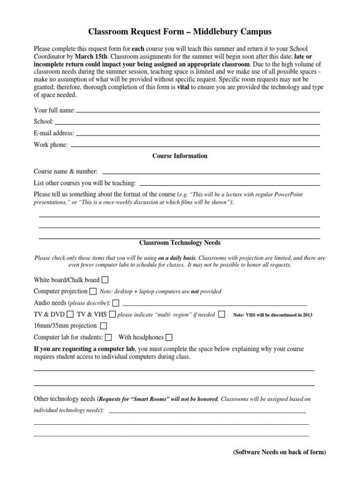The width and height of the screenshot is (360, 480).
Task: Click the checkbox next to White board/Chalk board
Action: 105,280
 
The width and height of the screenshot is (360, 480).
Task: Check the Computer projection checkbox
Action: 93,291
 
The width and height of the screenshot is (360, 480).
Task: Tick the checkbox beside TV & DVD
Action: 70,314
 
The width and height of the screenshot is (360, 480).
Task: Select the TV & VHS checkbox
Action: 112,314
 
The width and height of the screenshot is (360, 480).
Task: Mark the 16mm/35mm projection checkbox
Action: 104,325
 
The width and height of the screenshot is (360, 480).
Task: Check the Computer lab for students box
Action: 108,337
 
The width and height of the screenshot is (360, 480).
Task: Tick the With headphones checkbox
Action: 169,337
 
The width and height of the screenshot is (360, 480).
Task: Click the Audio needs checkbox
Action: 116,302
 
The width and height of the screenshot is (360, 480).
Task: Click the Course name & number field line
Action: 211,173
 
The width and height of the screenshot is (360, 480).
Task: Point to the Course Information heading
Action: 180,156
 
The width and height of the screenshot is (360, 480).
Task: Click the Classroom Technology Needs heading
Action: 180,243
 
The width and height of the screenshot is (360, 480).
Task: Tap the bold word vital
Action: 183,87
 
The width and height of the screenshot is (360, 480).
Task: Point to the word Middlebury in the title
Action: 205,32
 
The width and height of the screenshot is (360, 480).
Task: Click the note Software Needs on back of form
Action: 279,452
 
